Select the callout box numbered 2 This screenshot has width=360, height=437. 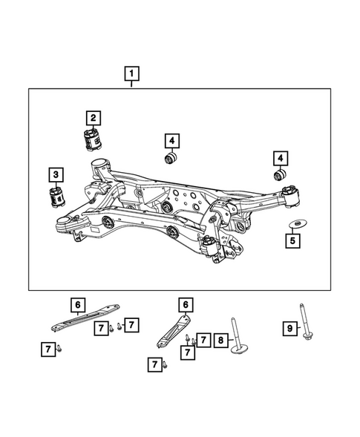coord(94,117)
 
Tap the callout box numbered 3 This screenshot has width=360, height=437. coord(56,175)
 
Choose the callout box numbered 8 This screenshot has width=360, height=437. coord(220,341)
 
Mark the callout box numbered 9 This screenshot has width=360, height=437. coord(290,328)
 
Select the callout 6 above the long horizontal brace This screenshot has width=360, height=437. coord(76,304)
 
